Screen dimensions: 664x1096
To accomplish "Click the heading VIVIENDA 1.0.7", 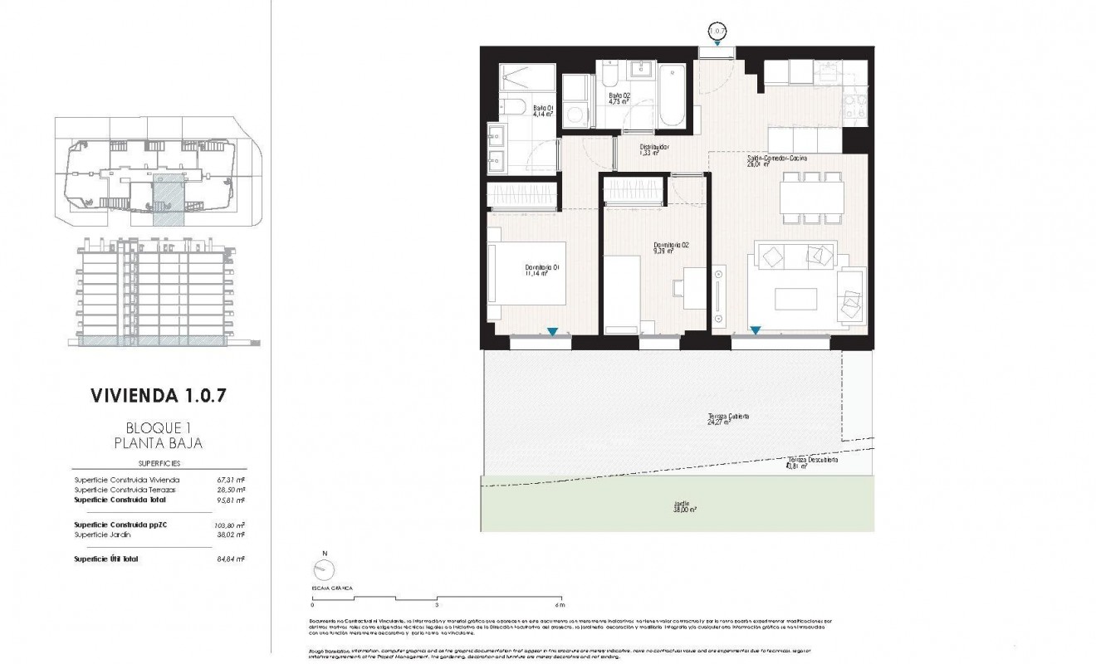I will click(x=158, y=394).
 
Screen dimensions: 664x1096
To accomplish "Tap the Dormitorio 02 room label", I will click(x=671, y=248).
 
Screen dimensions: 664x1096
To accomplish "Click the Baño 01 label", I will click(x=543, y=111).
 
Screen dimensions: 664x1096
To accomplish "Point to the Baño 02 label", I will click(x=619, y=99).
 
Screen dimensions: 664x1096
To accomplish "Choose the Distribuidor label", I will click(x=653, y=150).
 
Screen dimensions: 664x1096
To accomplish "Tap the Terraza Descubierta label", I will click(x=812, y=461).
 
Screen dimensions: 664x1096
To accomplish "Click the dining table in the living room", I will click(x=811, y=198).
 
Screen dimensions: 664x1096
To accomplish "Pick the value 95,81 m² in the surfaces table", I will click(x=229, y=500).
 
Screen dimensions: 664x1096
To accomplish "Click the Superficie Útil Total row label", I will click(x=106, y=559).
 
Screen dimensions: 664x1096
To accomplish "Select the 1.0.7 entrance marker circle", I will click(x=717, y=32).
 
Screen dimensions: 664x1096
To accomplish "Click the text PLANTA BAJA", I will click(x=158, y=443).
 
